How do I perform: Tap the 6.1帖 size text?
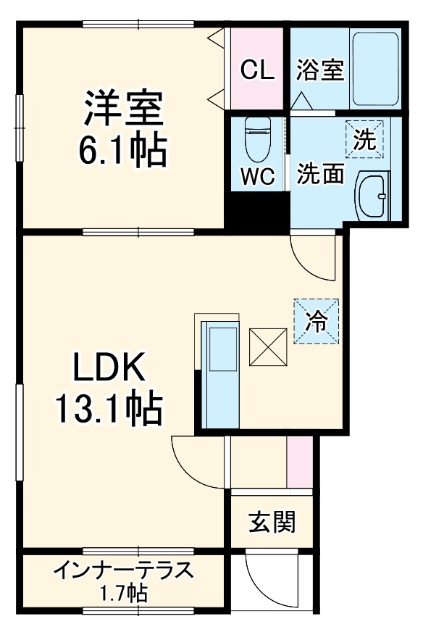122,150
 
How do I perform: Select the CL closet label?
257,70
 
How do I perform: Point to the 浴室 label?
319,70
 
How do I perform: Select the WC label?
258,177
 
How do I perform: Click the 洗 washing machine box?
364,138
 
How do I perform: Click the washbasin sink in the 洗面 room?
374,196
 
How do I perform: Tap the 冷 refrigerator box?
317,320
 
